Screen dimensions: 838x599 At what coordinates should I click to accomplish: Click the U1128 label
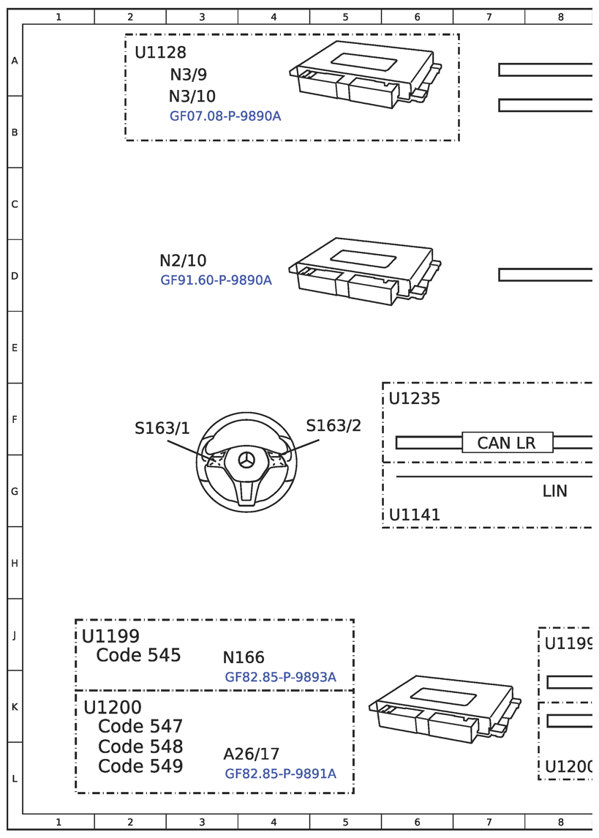coord(160,53)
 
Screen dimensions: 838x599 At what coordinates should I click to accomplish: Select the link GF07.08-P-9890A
coord(225,116)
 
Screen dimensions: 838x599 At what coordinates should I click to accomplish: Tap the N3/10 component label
coord(192,97)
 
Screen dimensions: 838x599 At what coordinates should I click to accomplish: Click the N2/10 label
coord(183,261)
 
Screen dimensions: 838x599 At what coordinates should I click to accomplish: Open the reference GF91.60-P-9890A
coord(216,280)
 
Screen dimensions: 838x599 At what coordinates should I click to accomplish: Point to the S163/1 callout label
coord(162,429)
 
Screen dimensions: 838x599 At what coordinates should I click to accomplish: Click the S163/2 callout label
coord(333,426)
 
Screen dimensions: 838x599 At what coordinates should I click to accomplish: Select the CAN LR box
coord(507,443)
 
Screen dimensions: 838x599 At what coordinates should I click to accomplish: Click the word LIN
coord(554,491)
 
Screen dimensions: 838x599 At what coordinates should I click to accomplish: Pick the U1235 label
coord(414,399)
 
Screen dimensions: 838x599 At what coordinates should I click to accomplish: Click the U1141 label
coord(414,515)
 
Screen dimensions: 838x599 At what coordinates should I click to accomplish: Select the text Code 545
coord(138,655)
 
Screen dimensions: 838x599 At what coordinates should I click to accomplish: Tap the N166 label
coord(244,658)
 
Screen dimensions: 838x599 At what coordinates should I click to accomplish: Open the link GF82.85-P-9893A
coord(280,678)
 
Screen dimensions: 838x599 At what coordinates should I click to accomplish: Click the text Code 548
coord(140,747)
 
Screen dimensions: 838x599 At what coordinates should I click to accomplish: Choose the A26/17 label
coord(251,755)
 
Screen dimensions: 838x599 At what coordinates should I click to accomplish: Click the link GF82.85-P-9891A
coord(280,774)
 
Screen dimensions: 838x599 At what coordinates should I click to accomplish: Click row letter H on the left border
coord(15,564)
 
